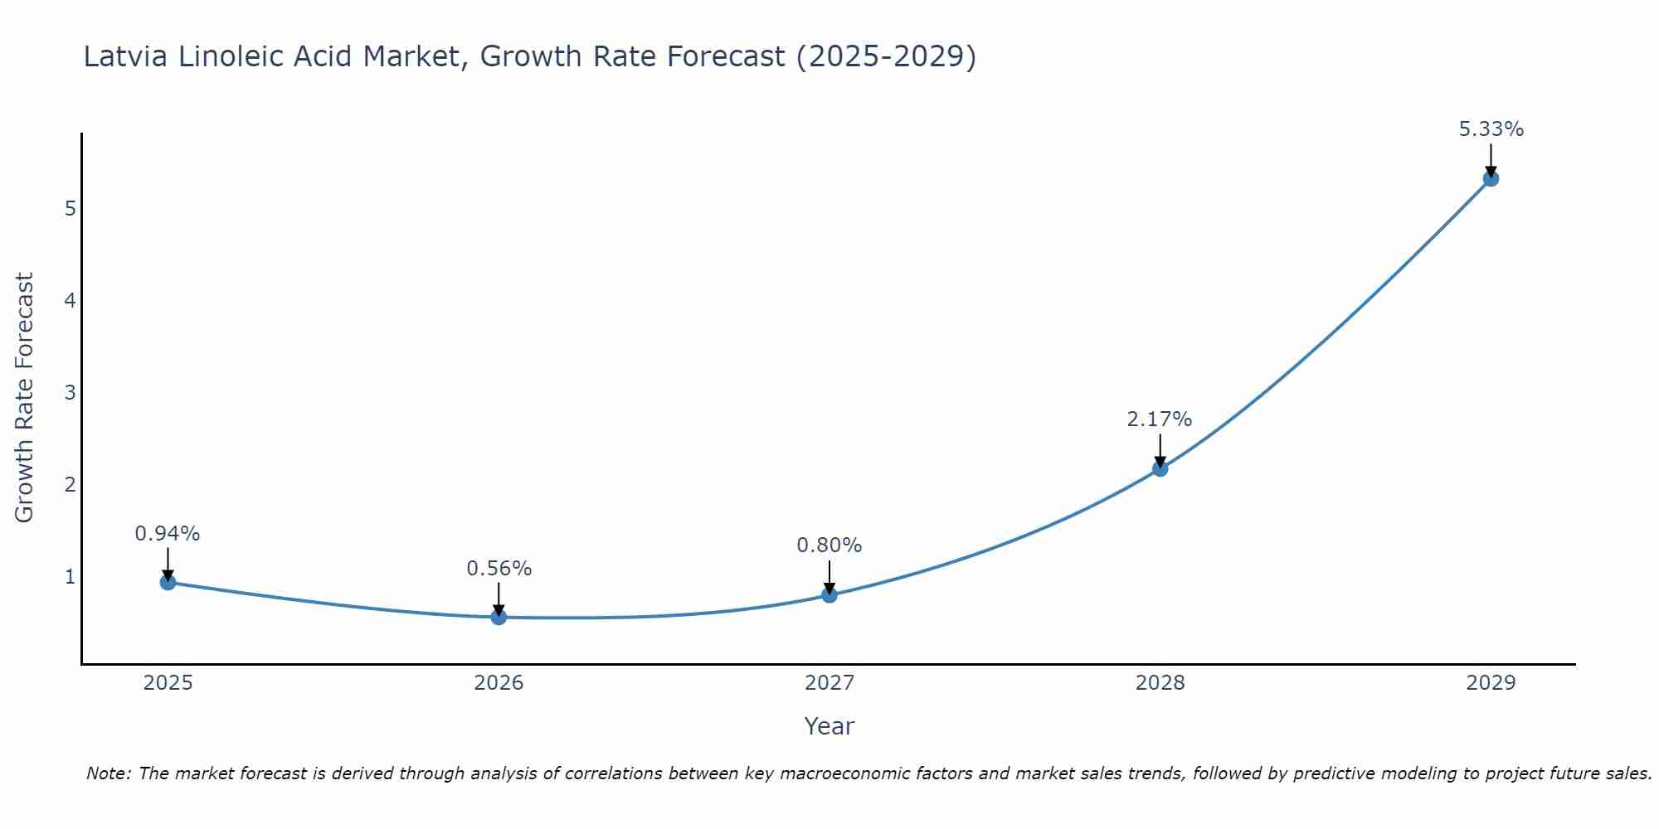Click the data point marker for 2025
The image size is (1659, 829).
[x=168, y=582]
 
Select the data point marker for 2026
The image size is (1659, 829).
[x=499, y=617]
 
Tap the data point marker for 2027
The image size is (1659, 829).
[x=829, y=594]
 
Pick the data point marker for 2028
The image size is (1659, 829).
[x=1160, y=468]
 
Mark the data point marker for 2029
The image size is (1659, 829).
[x=1491, y=178]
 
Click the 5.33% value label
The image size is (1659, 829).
[x=1491, y=129]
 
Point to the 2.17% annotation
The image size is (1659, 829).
[x=1159, y=419]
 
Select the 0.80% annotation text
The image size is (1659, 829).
[x=829, y=545]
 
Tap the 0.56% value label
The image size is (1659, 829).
[x=499, y=569]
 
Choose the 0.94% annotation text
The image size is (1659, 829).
[x=168, y=534]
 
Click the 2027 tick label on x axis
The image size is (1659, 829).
[x=829, y=683]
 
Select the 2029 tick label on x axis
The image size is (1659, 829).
[x=1491, y=683]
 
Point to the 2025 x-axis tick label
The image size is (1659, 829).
[x=168, y=683]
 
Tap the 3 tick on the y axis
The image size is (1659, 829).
[x=70, y=392]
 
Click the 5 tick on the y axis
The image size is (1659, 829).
[x=70, y=208]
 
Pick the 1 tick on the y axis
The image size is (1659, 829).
[x=70, y=576]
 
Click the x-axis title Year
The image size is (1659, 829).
[x=829, y=726]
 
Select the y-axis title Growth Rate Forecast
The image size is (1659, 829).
[x=25, y=398]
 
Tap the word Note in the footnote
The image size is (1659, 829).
[x=108, y=773]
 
